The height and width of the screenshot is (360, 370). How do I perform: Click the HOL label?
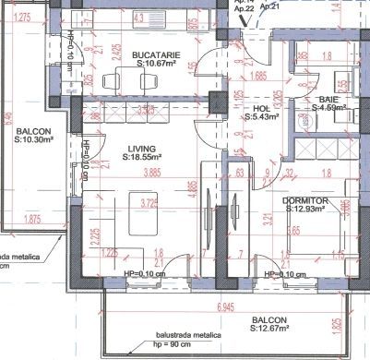tap(260, 107)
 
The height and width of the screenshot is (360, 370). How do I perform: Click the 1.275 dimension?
tap(25, 18)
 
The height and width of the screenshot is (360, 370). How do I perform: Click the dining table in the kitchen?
tap(143, 78)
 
